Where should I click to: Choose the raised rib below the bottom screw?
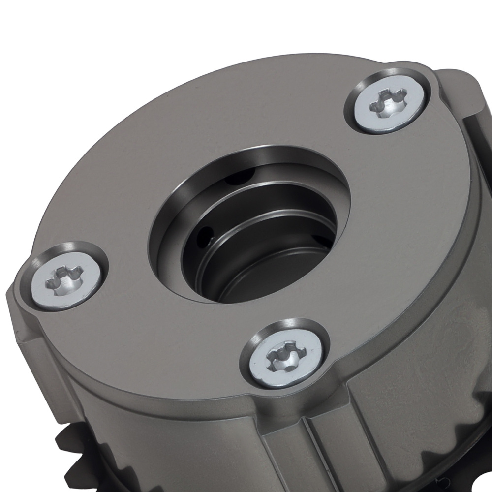click(x=295, y=443)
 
